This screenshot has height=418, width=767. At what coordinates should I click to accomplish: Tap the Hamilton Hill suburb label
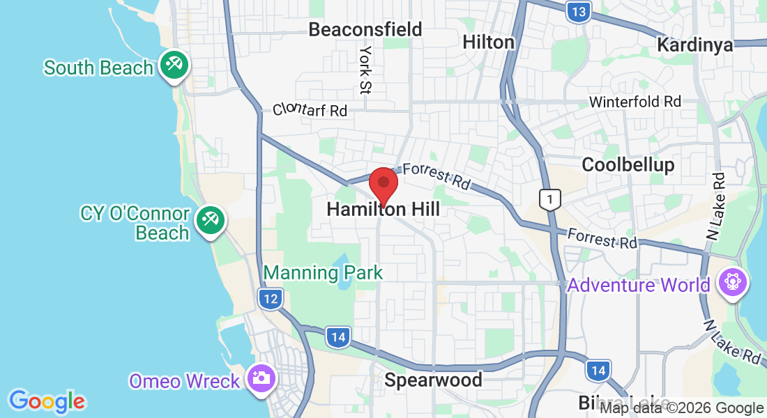[x=383, y=209]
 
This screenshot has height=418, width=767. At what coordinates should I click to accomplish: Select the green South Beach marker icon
[x=172, y=65]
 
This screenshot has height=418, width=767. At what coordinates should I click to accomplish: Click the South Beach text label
[x=98, y=68]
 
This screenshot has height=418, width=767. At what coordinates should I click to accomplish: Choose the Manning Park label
[x=324, y=272]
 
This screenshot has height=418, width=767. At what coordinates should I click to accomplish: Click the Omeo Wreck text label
[x=185, y=381]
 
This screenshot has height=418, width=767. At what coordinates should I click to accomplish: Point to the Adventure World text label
[x=638, y=285]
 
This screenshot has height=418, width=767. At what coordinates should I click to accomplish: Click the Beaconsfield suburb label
[x=365, y=29]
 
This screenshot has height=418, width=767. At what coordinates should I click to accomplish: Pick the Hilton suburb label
[x=488, y=42]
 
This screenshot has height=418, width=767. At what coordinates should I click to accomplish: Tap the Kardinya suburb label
[x=695, y=45]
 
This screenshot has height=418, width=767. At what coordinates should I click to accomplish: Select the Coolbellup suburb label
[x=628, y=164]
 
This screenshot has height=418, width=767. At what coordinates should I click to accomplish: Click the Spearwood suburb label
[x=433, y=380]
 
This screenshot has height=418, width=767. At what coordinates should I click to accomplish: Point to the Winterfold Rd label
[x=635, y=102]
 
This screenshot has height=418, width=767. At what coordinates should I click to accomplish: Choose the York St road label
[x=365, y=70]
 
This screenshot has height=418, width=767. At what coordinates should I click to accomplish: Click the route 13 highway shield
[x=578, y=12]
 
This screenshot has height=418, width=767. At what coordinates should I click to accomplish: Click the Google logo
[x=47, y=401]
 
